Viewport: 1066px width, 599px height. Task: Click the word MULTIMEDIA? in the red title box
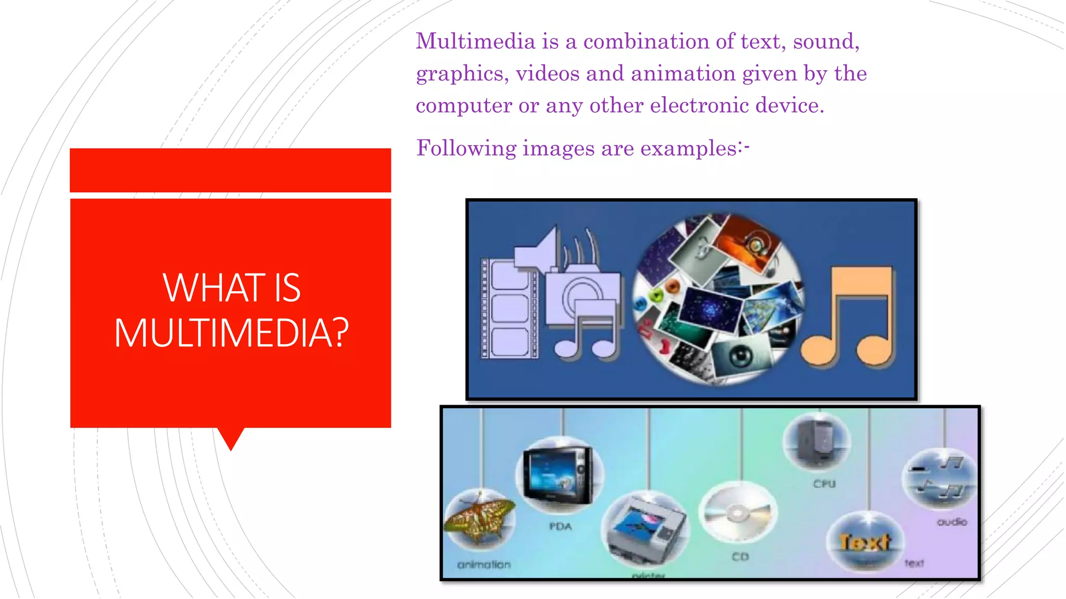tap(231, 333)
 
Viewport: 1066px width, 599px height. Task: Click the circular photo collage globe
tap(718, 298)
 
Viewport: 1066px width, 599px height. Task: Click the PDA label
tap(560, 527)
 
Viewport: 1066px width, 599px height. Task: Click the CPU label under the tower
tap(824, 484)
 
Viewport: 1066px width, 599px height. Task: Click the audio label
tap(951, 522)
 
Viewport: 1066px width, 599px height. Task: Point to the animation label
tap(484, 565)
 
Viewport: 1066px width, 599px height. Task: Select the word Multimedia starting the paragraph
tap(475, 42)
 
